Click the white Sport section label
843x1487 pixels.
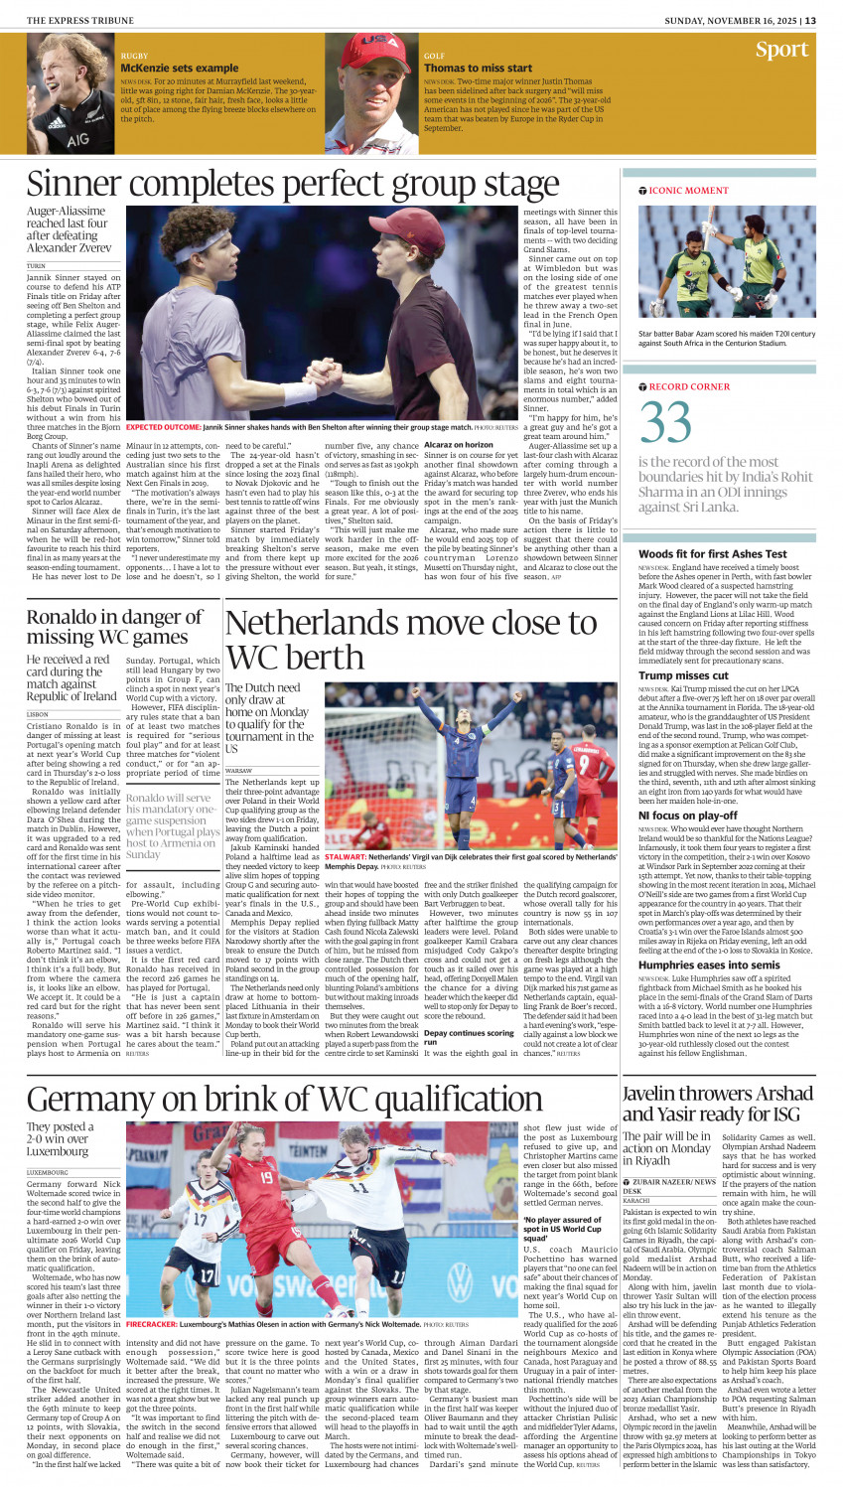(781, 50)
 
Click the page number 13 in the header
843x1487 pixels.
(810, 20)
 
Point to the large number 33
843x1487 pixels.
(665, 422)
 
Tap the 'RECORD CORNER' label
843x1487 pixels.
(689, 386)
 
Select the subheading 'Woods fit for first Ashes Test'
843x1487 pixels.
(713, 554)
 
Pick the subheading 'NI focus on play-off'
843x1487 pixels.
(688, 816)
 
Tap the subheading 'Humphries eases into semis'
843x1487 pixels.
(709, 965)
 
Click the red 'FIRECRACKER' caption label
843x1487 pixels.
(151, 1324)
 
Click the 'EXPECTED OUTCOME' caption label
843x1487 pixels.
(163, 427)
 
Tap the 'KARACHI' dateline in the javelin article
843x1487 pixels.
(636, 1201)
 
